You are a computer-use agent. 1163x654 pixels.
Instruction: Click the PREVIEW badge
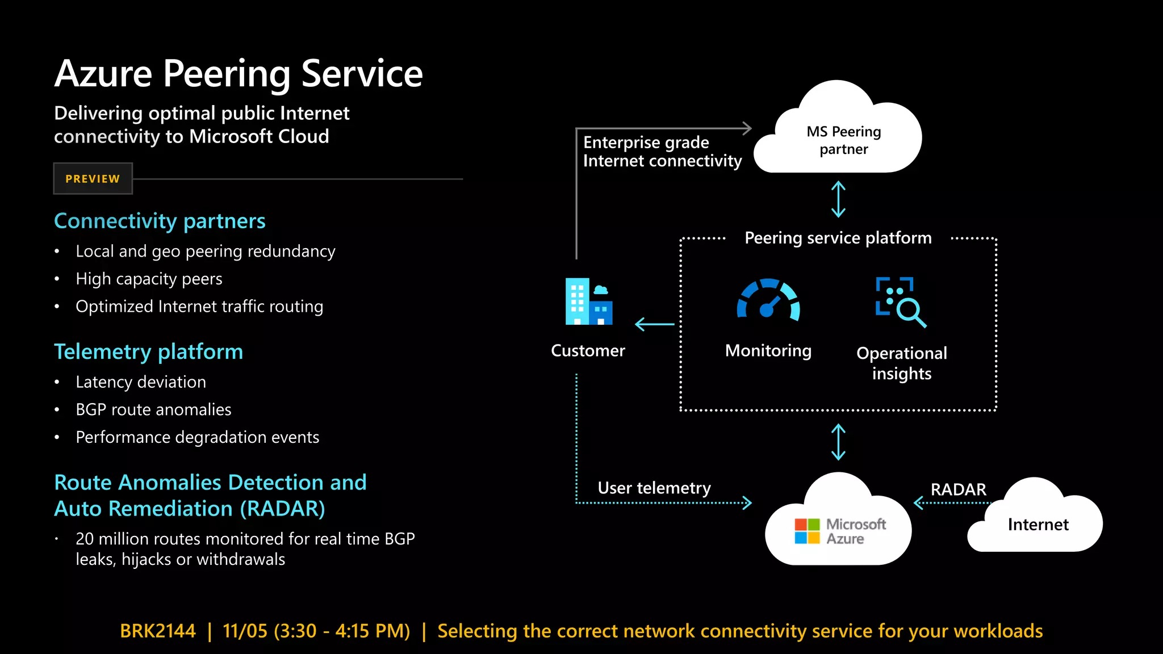pyautogui.click(x=93, y=179)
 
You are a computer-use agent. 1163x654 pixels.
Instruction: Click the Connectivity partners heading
pyautogui.click(x=160, y=221)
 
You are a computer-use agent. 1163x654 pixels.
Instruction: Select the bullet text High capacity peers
pyautogui.click(x=149, y=279)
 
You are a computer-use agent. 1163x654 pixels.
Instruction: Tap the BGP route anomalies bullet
pyautogui.click(x=153, y=409)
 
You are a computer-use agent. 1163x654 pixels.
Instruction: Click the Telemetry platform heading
pyautogui.click(x=148, y=352)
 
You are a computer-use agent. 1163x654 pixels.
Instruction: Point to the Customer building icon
pyautogui.click(x=588, y=301)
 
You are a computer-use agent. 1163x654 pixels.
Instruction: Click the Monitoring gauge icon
pyautogui.click(x=768, y=299)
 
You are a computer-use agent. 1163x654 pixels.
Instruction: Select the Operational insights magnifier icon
pyautogui.click(x=901, y=302)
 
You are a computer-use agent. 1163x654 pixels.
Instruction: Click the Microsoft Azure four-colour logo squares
pyautogui.click(x=807, y=531)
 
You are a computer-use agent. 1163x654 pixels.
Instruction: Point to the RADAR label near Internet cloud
pyautogui.click(x=958, y=489)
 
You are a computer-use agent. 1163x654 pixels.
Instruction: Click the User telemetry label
pyautogui.click(x=654, y=488)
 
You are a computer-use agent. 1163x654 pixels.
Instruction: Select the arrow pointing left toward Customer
pyautogui.click(x=654, y=324)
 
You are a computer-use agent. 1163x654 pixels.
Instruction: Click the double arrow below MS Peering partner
pyautogui.click(x=838, y=199)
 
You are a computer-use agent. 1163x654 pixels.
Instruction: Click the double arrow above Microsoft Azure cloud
pyautogui.click(x=838, y=442)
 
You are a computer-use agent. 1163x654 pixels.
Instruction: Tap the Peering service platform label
pyautogui.click(x=838, y=238)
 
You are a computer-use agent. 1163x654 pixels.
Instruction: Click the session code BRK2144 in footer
pyautogui.click(x=158, y=631)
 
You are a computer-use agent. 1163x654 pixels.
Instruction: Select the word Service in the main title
pyautogui.click(x=362, y=74)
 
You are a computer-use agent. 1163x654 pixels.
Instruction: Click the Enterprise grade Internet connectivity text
pyautogui.click(x=662, y=152)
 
